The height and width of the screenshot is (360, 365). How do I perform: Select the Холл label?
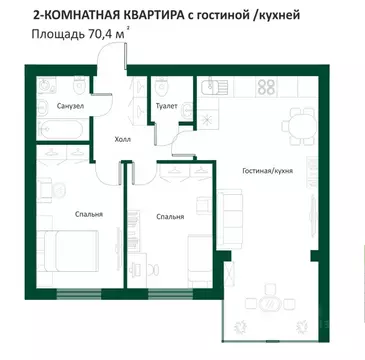pos(124,141)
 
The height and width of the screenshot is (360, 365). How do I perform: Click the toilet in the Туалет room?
pos(160,85)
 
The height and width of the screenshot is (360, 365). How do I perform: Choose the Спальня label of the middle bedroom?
pos(170,216)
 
